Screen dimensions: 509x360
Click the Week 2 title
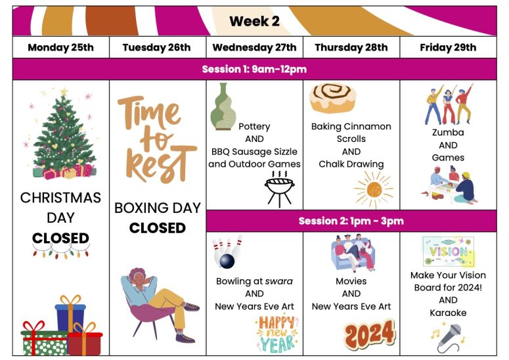254,22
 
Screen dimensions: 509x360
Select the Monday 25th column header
60,47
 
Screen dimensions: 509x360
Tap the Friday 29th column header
448,47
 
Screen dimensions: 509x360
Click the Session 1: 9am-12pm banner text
254,69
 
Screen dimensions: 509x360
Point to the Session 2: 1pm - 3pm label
351,221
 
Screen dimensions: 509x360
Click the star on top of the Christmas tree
64,91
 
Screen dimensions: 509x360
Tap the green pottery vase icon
223,107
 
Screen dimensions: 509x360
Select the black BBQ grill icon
280,189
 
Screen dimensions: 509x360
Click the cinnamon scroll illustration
332,98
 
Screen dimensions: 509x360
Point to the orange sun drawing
374,190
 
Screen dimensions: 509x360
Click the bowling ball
227,261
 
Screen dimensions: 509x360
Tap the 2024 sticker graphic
370,334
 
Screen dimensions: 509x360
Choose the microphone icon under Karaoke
451,338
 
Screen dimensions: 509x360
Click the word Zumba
448,133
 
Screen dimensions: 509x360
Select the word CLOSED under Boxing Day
158,228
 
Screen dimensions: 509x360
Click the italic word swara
279,281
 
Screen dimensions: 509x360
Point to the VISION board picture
449,252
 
